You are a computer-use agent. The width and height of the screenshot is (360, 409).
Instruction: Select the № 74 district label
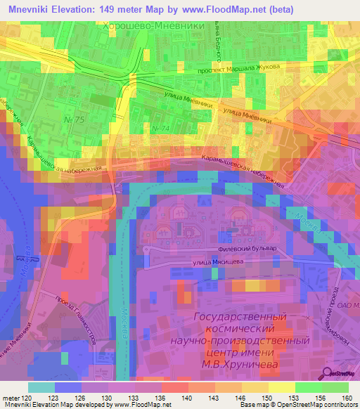[160, 129]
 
